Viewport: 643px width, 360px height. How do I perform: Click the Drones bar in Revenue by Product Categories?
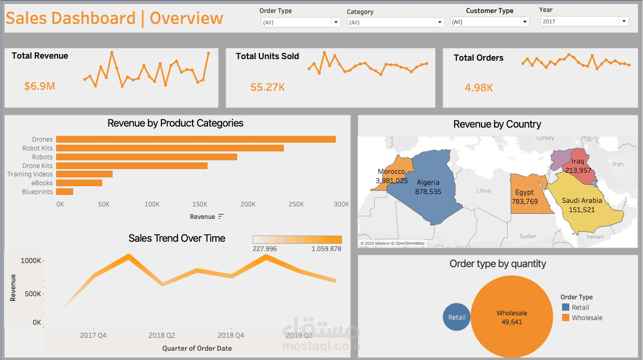(196, 139)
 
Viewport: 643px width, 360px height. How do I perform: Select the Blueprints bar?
(64, 192)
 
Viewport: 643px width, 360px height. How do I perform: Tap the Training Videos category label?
(30, 174)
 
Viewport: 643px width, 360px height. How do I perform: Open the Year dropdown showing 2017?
(584, 21)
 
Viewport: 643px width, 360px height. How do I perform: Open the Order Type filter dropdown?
(300, 22)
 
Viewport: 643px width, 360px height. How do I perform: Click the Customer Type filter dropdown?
(489, 22)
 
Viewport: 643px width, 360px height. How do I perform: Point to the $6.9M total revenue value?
(39, 86)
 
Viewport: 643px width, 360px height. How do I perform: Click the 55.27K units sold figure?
(267, 87)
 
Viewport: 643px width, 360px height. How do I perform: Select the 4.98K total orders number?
(478, 88)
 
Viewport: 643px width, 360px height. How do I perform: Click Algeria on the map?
(428, 187)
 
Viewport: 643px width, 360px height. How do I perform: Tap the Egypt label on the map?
(524, 192)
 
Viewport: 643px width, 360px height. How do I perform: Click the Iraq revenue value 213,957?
(578, 170)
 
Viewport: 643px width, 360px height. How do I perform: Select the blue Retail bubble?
(457, 317)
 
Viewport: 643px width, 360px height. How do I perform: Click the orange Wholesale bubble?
(512, 317)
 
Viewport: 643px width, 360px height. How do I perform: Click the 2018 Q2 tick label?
(162, 336)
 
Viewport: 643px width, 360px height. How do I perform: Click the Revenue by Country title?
(497, 124)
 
